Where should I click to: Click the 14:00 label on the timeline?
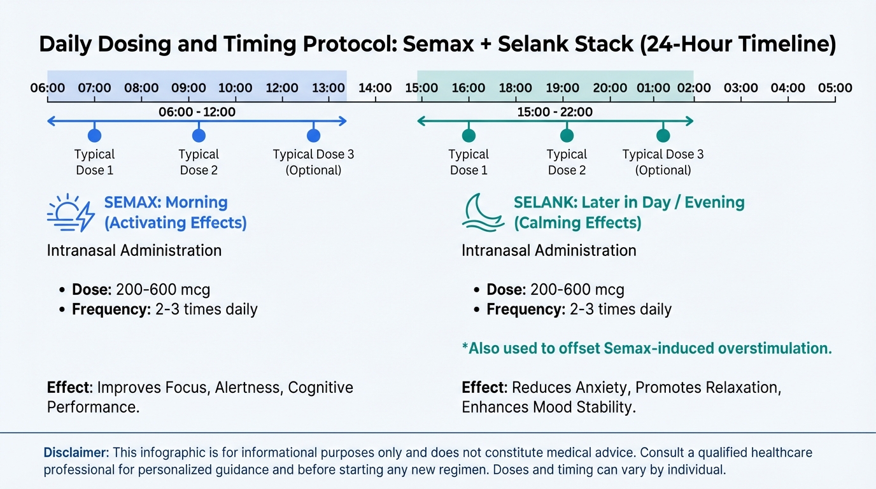coord(375,88)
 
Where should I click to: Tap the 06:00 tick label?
coord(48,88)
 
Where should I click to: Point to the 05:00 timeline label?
coord(835,88)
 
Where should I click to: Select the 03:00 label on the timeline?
coord(740,88)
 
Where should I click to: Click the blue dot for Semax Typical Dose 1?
coord(95,136)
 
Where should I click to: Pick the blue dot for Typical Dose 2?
coord(199,136)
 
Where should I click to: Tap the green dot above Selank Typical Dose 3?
coord(663,136)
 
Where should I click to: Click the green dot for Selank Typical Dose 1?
coord(469,136)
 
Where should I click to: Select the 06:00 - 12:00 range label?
coord(197,112)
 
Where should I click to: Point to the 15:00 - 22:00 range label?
coord(555,112)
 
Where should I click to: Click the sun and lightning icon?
coord(71,213)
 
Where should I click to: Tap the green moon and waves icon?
coord(483,213)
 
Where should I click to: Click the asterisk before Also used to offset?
coord(465,346)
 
